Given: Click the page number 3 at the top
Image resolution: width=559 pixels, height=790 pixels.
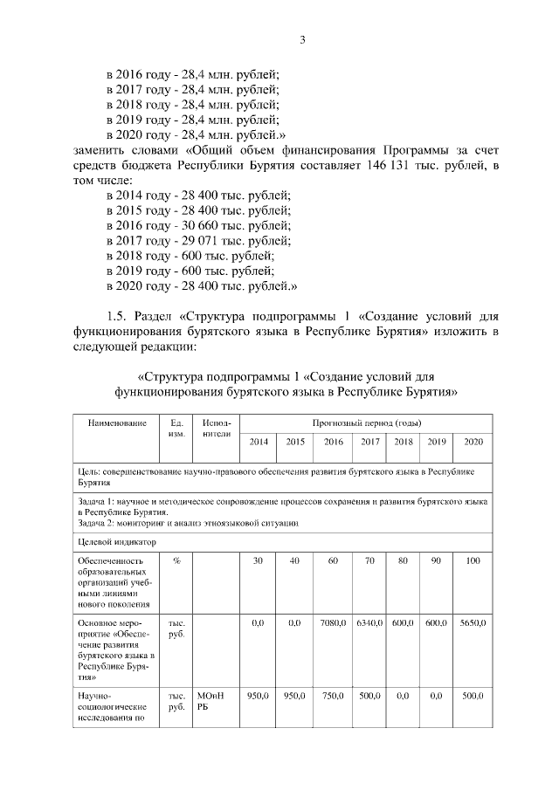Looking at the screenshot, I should [302, 40].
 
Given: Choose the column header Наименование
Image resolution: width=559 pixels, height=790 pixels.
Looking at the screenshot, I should [116, 422].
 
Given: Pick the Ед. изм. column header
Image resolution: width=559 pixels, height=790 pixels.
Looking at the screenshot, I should [176, 428].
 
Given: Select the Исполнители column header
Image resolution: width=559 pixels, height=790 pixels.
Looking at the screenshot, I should [215, 428].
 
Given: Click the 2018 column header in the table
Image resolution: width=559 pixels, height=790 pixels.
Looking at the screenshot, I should [403, 442].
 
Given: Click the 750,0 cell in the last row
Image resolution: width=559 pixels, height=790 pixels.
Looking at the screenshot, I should [333, 696].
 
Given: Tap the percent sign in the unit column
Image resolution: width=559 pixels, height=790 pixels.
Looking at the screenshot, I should [176, 560].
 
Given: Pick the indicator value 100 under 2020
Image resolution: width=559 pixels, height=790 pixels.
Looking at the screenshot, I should [473, 560].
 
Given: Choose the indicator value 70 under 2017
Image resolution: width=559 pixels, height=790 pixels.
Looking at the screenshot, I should [370, 560].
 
